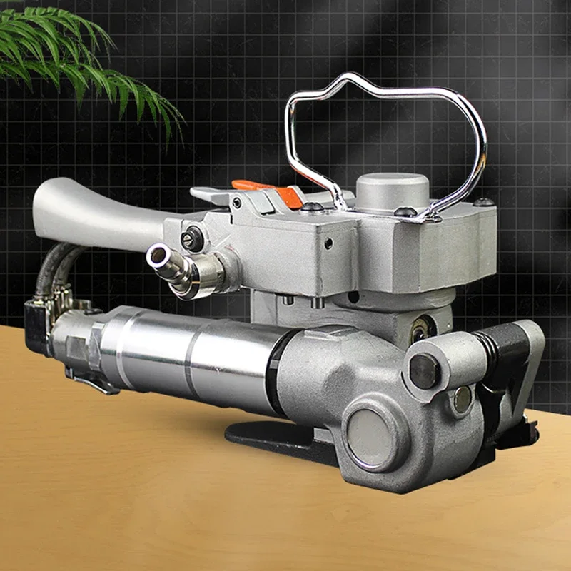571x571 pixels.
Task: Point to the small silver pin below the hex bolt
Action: [x=463, y=400]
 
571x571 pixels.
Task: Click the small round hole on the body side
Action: [x=328, y=243]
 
